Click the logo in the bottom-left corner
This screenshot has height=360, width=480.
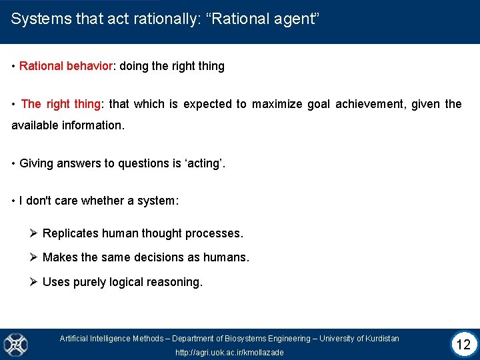[15, 345]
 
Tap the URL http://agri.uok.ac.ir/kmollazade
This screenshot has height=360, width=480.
[229, 352]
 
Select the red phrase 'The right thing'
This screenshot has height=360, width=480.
[61, 103]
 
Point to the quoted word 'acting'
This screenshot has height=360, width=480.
[203, 163]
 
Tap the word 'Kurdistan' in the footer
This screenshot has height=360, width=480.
[379, 339]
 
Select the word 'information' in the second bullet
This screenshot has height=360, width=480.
[89, 125]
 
